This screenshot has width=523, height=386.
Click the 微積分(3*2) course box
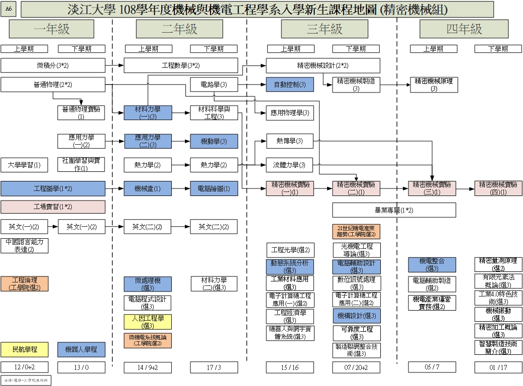pyautogui.click(x=53, y=66)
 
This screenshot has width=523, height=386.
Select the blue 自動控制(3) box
pyautogui.click(x=290, y=85)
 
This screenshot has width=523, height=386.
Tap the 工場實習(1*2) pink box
pyautogui.click(x=53, y=207)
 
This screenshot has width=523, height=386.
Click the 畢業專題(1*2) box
pyautogui.click(x=394, y=210)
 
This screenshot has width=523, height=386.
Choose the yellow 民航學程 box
pyautogui.click(x=24, y=350)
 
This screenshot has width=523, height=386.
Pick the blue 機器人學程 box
pyautogui.click(x=81, y=350)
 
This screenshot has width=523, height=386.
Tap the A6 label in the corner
pyautogui.click(x=9, y=9)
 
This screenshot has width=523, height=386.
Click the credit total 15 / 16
pyautogui.click(x=290, y=367)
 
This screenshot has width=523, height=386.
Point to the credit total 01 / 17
pyautogui.click(x=498, y=367)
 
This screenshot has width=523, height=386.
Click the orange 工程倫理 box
pyautogui.click(x=24, y=283)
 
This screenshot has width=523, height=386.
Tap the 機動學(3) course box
pyautogui.click(x=214, y=141)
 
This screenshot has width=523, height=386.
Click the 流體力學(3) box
pyautogui.click(x=290, y=165)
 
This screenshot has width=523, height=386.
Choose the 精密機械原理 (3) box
pyautogui.click(x=434, y=84)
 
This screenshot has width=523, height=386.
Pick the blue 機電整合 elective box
pyautogui.click(x=434, y=265)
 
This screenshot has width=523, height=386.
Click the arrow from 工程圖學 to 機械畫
pyautogui.click(x=115, y=189)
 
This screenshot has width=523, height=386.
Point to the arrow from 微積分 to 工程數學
pyautogui.click(x=115, y=66)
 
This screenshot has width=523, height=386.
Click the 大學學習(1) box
pyautogui.click(x=24, y=165)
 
